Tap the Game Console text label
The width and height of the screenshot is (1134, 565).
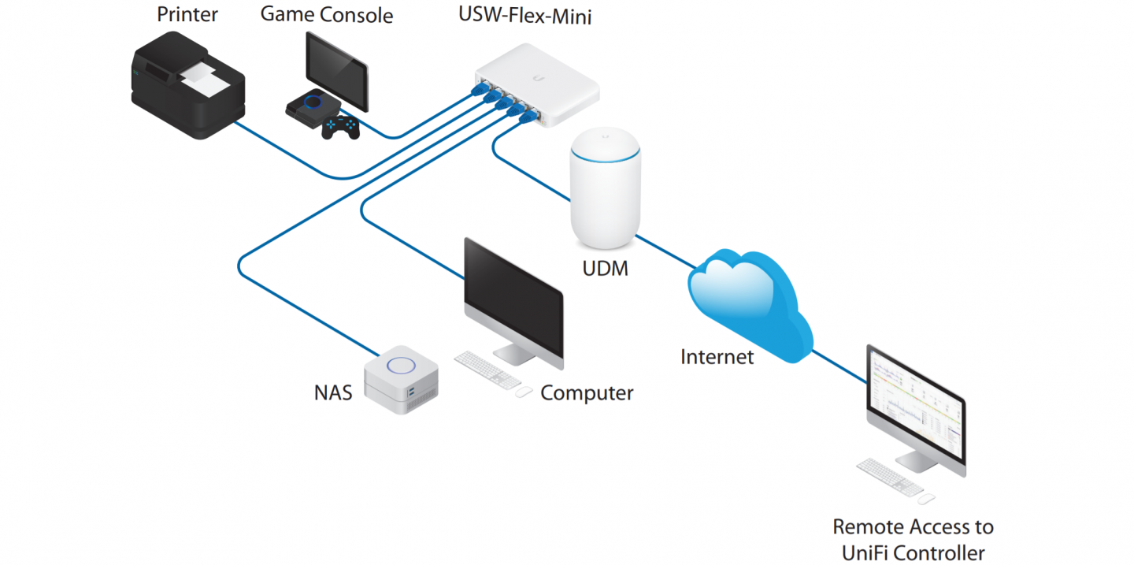326,14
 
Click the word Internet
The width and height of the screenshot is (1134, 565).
717,357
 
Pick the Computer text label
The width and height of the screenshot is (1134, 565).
587,392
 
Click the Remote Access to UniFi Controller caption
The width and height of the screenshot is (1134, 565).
913,539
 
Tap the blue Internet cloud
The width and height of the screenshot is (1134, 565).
748,303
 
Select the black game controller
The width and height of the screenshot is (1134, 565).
341,127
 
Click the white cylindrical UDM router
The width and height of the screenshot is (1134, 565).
605,185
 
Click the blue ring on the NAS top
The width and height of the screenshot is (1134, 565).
402,365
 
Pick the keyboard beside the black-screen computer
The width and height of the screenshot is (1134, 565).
487,368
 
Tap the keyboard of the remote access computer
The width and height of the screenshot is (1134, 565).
888,477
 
